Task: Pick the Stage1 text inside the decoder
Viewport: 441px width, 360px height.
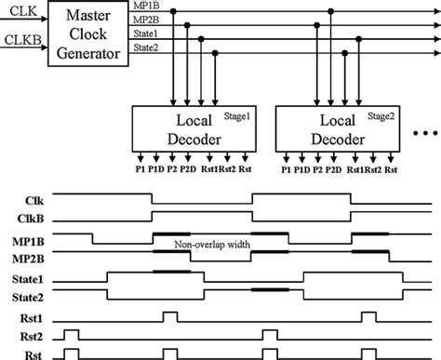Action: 234,115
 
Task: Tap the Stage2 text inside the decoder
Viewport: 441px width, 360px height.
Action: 380,115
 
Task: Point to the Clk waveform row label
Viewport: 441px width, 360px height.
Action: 17,199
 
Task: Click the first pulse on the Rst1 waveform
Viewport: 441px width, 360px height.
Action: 170,314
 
